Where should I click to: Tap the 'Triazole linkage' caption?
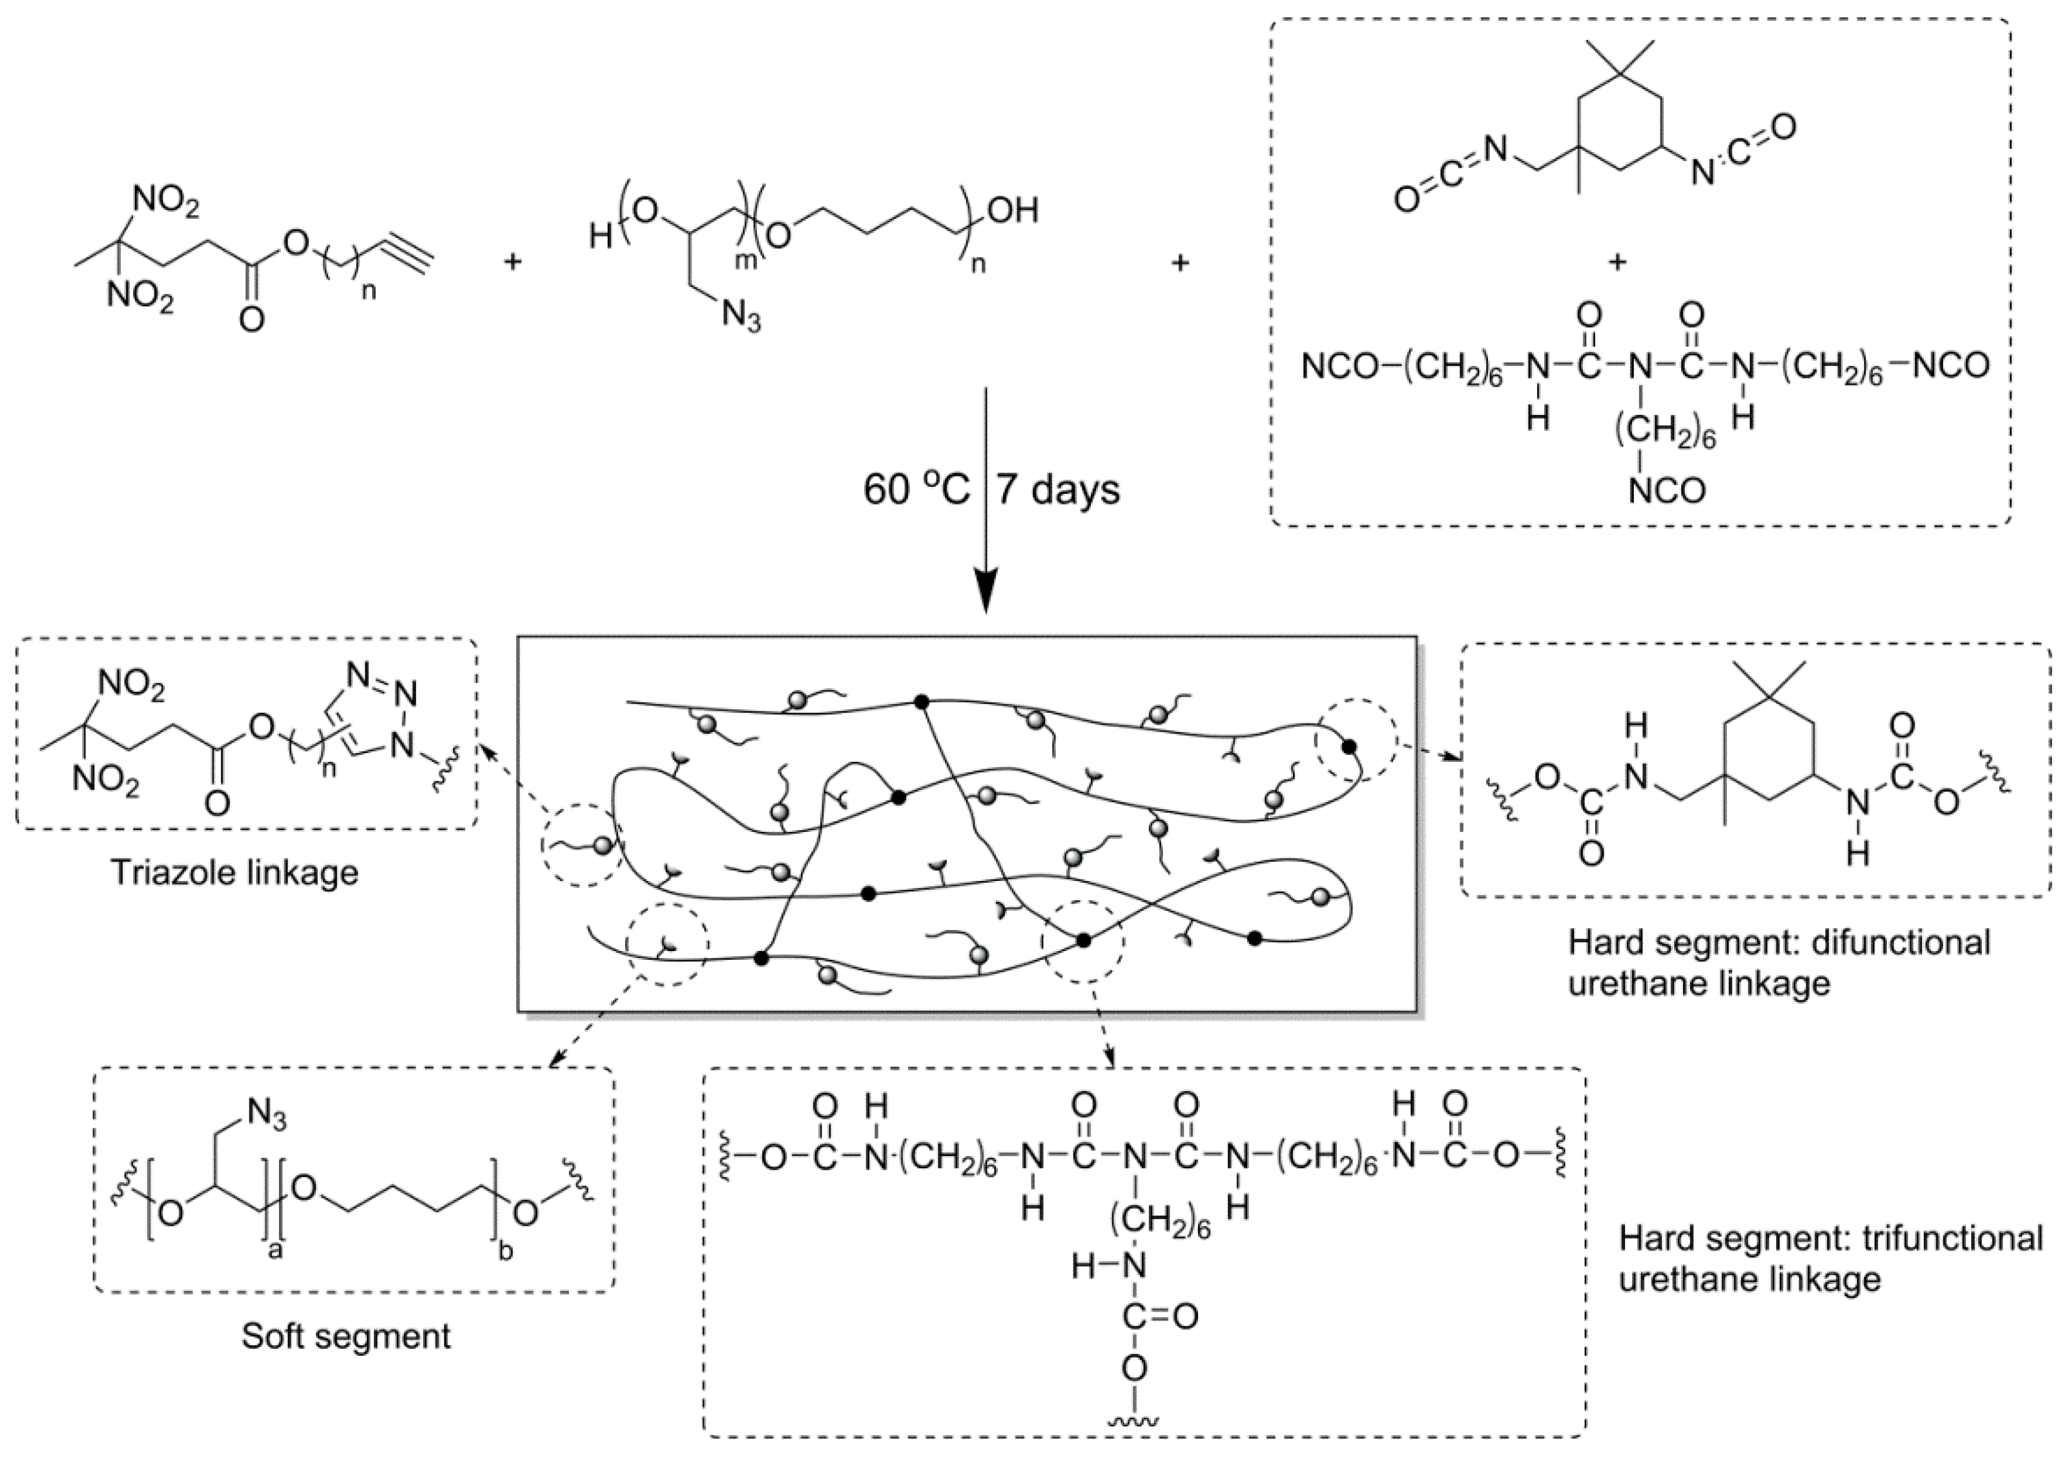234,872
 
